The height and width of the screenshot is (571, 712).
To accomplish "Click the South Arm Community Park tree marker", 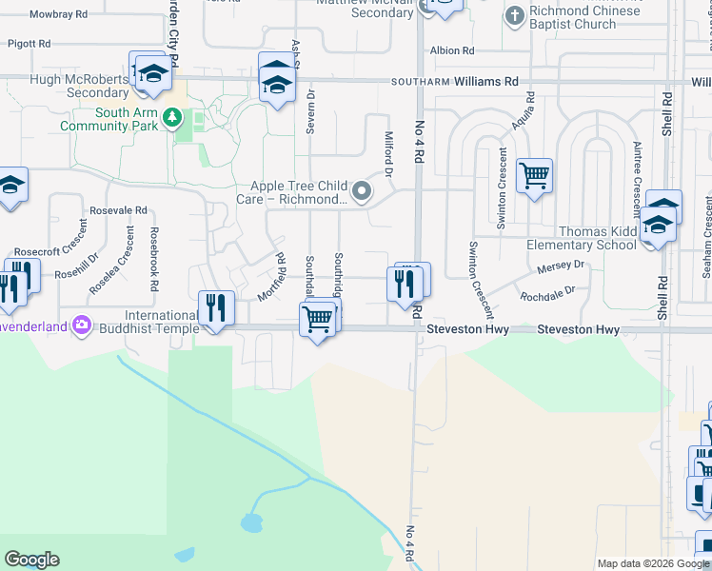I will (172, 118).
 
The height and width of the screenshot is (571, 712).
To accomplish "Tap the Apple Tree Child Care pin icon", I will (362, 192).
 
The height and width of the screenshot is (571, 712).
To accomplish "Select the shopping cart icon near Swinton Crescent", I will (534, 175).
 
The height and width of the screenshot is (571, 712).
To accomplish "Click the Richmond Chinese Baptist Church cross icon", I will (515, 15).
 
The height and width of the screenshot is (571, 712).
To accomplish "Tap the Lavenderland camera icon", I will (81, 326).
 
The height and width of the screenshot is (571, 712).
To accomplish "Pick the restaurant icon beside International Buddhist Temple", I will (216, 308).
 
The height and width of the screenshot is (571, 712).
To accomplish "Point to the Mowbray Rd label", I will (58, 15).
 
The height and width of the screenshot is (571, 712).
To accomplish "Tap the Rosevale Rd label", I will (118, 209).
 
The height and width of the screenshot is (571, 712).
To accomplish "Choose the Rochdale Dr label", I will (548, 296).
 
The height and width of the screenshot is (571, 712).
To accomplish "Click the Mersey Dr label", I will (559, 269).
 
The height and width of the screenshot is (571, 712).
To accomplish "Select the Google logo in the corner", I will (31, 560).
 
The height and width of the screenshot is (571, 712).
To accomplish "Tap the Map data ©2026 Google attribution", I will (653, 563).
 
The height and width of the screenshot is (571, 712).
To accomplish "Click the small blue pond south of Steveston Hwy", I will (251, 522).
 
